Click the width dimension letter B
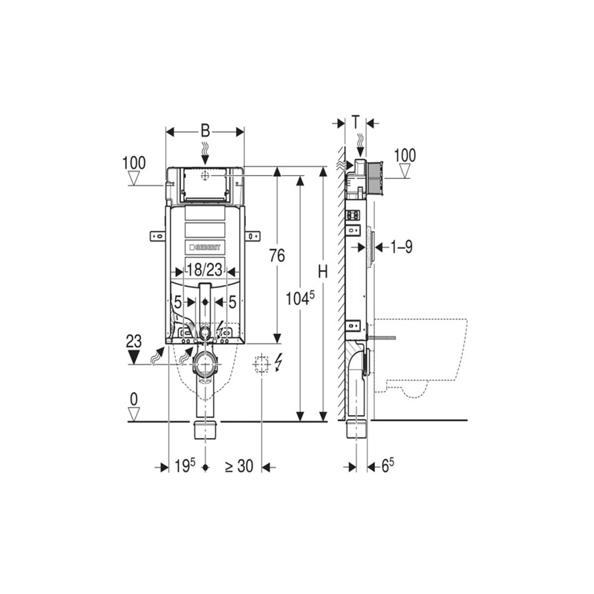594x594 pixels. [x=205, y=131]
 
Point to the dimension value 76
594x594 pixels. [x=276, y=256]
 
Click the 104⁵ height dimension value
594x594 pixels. [x=301, y=298]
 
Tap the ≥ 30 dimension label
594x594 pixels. [x=239, y=466]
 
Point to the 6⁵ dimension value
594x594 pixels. [x=387, y=466]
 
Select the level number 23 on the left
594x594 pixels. [x=134, y=342]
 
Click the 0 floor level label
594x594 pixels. [x=134, y=399]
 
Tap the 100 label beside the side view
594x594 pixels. [x=405, y=155]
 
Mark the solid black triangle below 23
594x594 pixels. [x=134, y=357]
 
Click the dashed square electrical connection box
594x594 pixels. [x=261, y=365]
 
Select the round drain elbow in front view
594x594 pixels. [x=204, y=364]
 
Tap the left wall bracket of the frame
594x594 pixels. [x=157, y=235]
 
